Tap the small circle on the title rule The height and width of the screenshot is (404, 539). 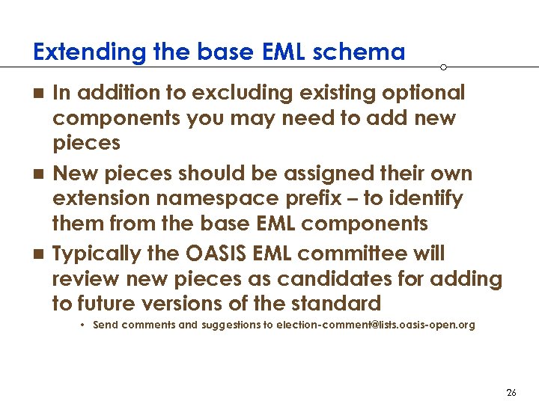pyautogui.click(x=444, y=67)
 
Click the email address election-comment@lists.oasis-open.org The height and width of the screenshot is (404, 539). pyautogui.click(x=375, y=325)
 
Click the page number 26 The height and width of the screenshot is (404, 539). pyautogui.click(x=511, y=392)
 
